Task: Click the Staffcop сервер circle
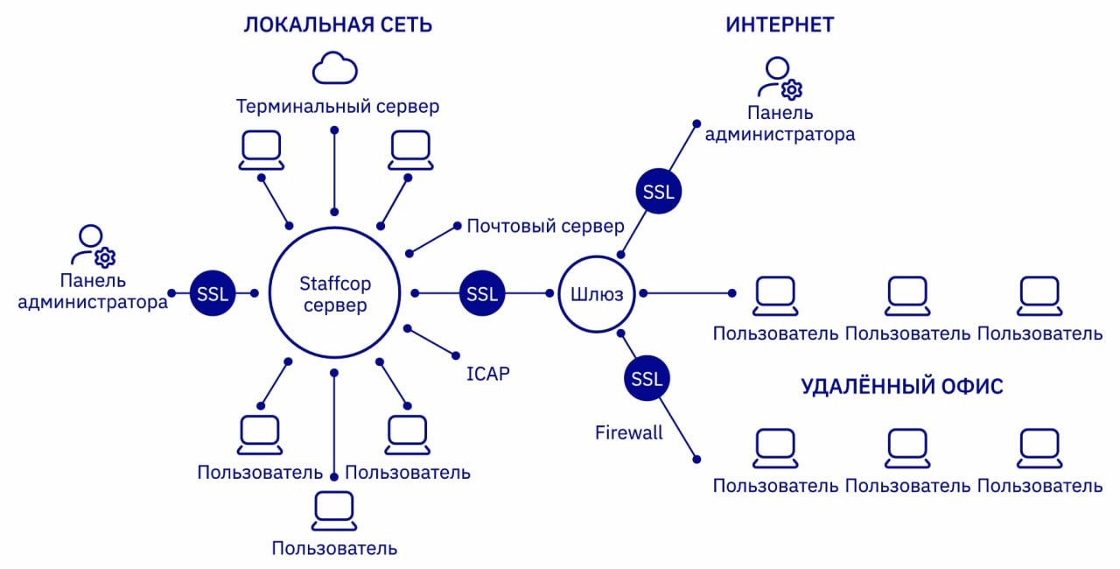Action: point(333,293)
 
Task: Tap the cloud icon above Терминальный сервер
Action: point(336,68)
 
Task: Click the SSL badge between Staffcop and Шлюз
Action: point(482,293)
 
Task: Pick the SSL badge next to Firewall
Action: point(647,379)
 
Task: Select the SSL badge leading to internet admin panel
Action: point(658,193)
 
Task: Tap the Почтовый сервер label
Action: point(545,227)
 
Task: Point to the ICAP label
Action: point(487,374)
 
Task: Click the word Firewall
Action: point(628,432)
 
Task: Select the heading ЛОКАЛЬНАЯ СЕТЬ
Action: point(338,25)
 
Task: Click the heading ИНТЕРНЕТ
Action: point(780,25)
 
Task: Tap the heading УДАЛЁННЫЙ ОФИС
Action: point(902,387)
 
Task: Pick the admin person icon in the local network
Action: point(93,245)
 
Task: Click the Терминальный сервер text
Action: point(338,107)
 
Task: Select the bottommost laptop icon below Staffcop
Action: point(334,511)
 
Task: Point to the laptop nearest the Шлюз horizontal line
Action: point(776,296)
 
